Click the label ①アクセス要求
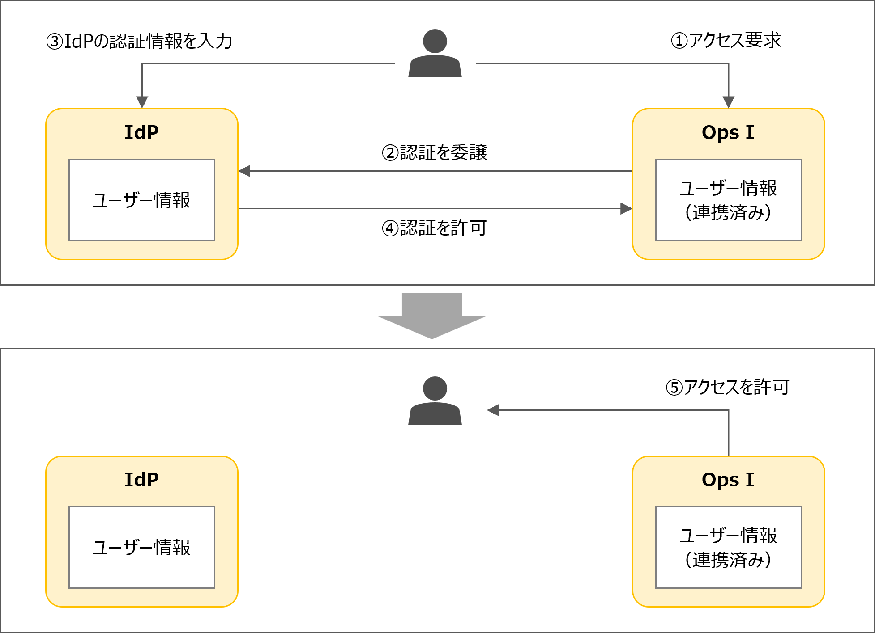tap(726, 40)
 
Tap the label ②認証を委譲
tap(434, 153)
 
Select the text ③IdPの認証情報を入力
tap(140, 41)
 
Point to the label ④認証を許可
tap(434, 228)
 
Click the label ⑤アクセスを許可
tap(727, 387)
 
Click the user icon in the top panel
tap(435, 54)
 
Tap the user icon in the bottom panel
tap(435, 401)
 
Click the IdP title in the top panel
tap(141, 132)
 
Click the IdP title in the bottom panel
tap(141, 480)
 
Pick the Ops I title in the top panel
tap(728, 132)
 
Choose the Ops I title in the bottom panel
tap(728, 480)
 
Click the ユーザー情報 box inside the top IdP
tap(141, 200)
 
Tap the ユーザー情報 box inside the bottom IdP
tap(141, 547)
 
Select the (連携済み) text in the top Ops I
tap(728, 212)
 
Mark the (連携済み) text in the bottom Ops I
tap(728, 560)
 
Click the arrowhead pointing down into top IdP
tap(142, 102)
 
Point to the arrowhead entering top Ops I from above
tap(729, 102)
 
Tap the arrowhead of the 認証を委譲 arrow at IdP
tap(244, 171)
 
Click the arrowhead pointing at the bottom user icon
tap(493, 410)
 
